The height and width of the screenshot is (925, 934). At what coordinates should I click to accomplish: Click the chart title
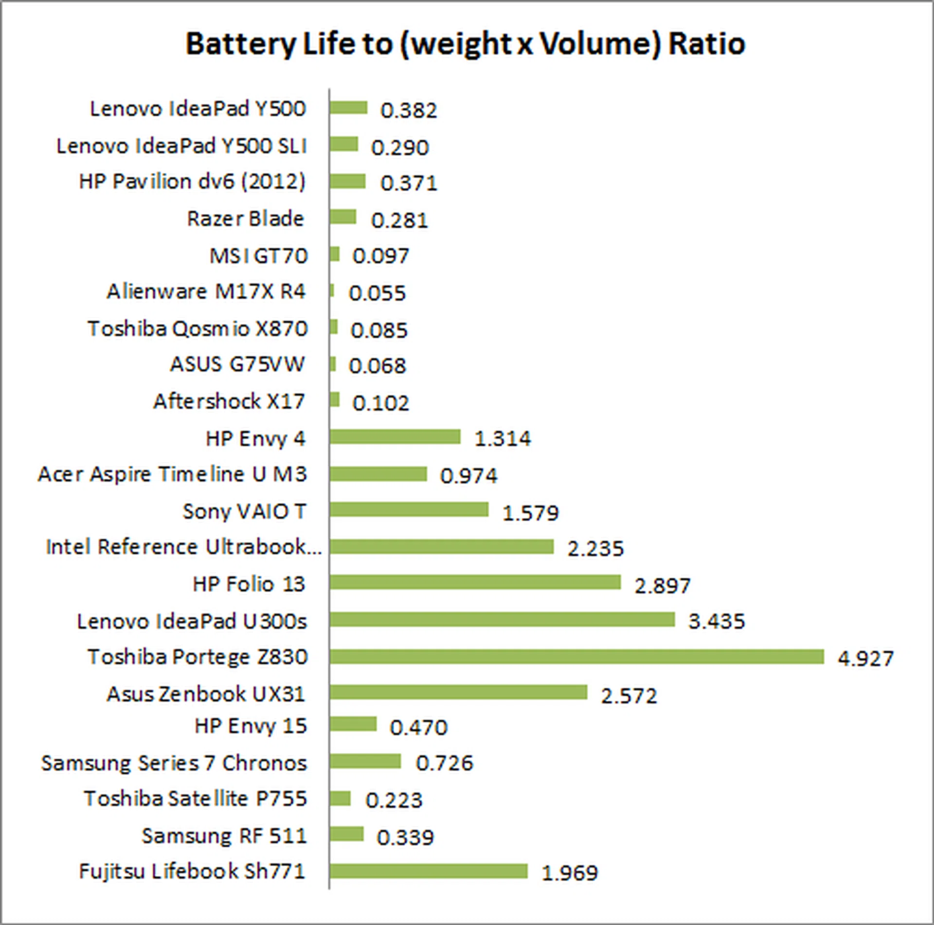[465, 44]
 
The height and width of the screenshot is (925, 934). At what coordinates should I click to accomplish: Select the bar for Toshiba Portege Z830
[576, 657]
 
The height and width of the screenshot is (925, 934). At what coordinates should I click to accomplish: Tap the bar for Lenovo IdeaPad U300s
[502, 620]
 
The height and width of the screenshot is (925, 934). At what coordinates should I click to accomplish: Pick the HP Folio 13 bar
[475, 582]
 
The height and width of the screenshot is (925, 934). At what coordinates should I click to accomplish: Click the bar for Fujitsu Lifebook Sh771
[429, 871]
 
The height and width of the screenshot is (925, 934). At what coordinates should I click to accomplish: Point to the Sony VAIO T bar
[409, 509]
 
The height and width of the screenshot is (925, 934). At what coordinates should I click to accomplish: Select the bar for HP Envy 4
[395, 437]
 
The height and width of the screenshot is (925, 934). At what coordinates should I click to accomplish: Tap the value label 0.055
[377, 293]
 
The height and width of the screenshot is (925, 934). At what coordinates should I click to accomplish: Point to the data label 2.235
[595, 549]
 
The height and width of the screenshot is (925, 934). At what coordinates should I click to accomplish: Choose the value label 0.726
[444, 763]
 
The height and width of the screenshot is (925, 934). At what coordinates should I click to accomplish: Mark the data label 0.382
[409, 111]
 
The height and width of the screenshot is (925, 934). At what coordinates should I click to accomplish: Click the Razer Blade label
[246, 219]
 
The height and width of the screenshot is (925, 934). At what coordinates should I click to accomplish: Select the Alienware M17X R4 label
[206, 292]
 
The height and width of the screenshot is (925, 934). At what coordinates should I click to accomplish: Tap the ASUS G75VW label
[237, 364]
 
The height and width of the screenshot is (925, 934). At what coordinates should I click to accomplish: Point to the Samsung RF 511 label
[224, 835]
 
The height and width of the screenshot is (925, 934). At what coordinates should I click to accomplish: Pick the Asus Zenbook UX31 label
[206, 694]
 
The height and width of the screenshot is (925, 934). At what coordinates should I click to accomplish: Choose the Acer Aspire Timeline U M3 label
[173, 474]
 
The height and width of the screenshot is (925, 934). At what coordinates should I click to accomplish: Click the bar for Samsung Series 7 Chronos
[365, 761]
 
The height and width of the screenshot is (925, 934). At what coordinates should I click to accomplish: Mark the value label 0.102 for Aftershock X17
[381, 403]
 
